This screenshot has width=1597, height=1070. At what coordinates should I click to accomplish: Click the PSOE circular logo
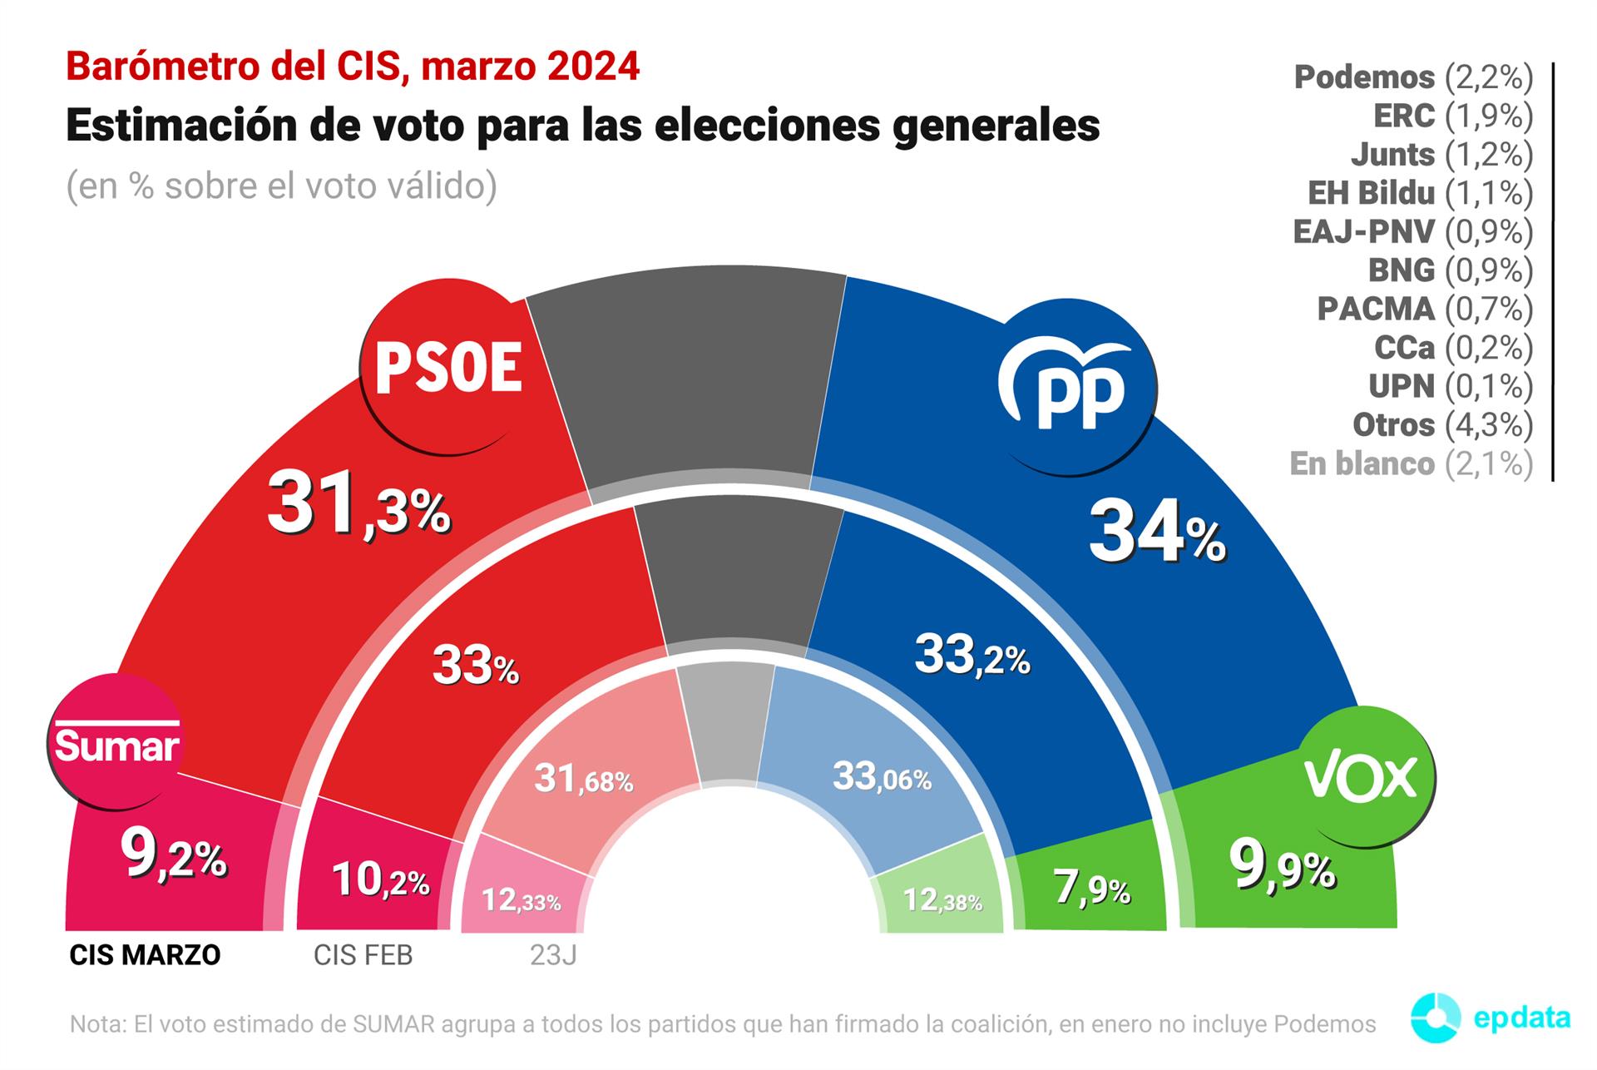(x=449, y=366)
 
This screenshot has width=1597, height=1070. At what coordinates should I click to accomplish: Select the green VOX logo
(x=1364, y=776)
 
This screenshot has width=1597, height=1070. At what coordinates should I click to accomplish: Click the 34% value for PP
(x=1157, y=533)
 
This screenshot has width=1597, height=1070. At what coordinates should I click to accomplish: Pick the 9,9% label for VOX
(x=1283, y=867)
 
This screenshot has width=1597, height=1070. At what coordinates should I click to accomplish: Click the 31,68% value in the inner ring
(x=583, y=779)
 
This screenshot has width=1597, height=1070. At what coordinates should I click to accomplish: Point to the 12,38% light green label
(x=942, y=899)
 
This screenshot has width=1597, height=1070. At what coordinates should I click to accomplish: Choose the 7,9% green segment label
(x=1092, y=888)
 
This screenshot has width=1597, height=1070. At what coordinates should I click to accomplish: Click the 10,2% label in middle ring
(x=380, y=879)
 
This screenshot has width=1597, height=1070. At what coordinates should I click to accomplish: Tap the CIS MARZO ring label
(x=145, y=954)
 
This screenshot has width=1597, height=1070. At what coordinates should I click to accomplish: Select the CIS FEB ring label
(x=363, y=954)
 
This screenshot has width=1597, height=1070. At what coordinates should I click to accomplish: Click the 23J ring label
(x=553, y=954)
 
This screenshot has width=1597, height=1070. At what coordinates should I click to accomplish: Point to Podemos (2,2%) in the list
(x=1413, y=77)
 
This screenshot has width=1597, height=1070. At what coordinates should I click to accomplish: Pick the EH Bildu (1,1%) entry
(x=1421, y=193)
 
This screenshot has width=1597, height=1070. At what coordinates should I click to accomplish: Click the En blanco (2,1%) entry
(x=1412, y=463)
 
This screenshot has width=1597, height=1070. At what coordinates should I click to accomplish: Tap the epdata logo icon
(x=1436, y=1018)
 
